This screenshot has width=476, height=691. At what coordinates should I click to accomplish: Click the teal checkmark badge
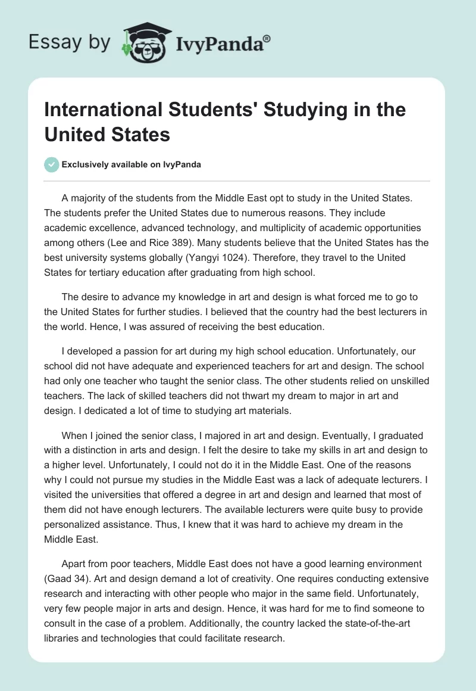click(x=52, y=164)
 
